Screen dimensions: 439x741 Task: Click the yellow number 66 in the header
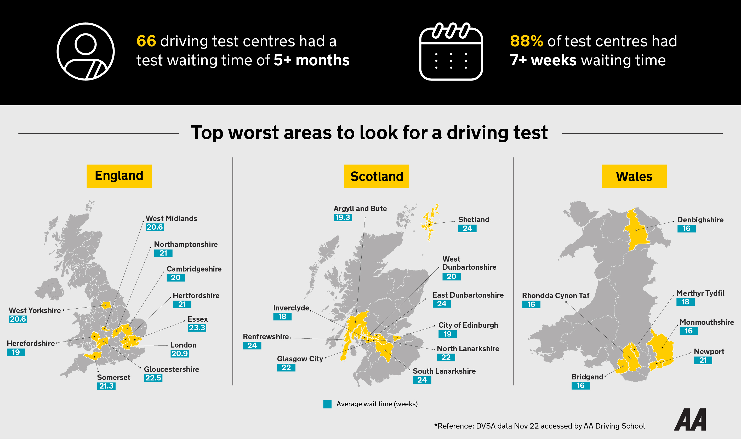pos(146,41)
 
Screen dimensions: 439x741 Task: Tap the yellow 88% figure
pos(526,41)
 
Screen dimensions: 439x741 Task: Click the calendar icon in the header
pos(451,52)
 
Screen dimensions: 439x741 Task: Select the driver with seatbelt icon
pos(85,51)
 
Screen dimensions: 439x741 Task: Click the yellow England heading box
pos(119,176)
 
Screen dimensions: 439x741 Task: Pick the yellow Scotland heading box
pos(377,176)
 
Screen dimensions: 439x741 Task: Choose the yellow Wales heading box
pos(634,176)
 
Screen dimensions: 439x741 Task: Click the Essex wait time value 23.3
pos(197,328)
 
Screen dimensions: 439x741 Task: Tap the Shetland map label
pos(474,219)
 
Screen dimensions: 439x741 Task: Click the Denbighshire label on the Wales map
pos(700,220)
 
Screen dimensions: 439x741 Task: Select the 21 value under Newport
pos(703,360)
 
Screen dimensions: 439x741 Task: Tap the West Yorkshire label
pos(35,310)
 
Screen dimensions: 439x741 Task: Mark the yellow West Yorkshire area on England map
pos(106,305)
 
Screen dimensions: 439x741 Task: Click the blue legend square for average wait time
pos(327,404)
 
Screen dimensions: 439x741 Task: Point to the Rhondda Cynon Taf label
pos(555,296)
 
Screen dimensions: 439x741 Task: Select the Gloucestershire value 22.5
pos(153,378)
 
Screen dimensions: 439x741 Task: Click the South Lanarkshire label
pos(444,371)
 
